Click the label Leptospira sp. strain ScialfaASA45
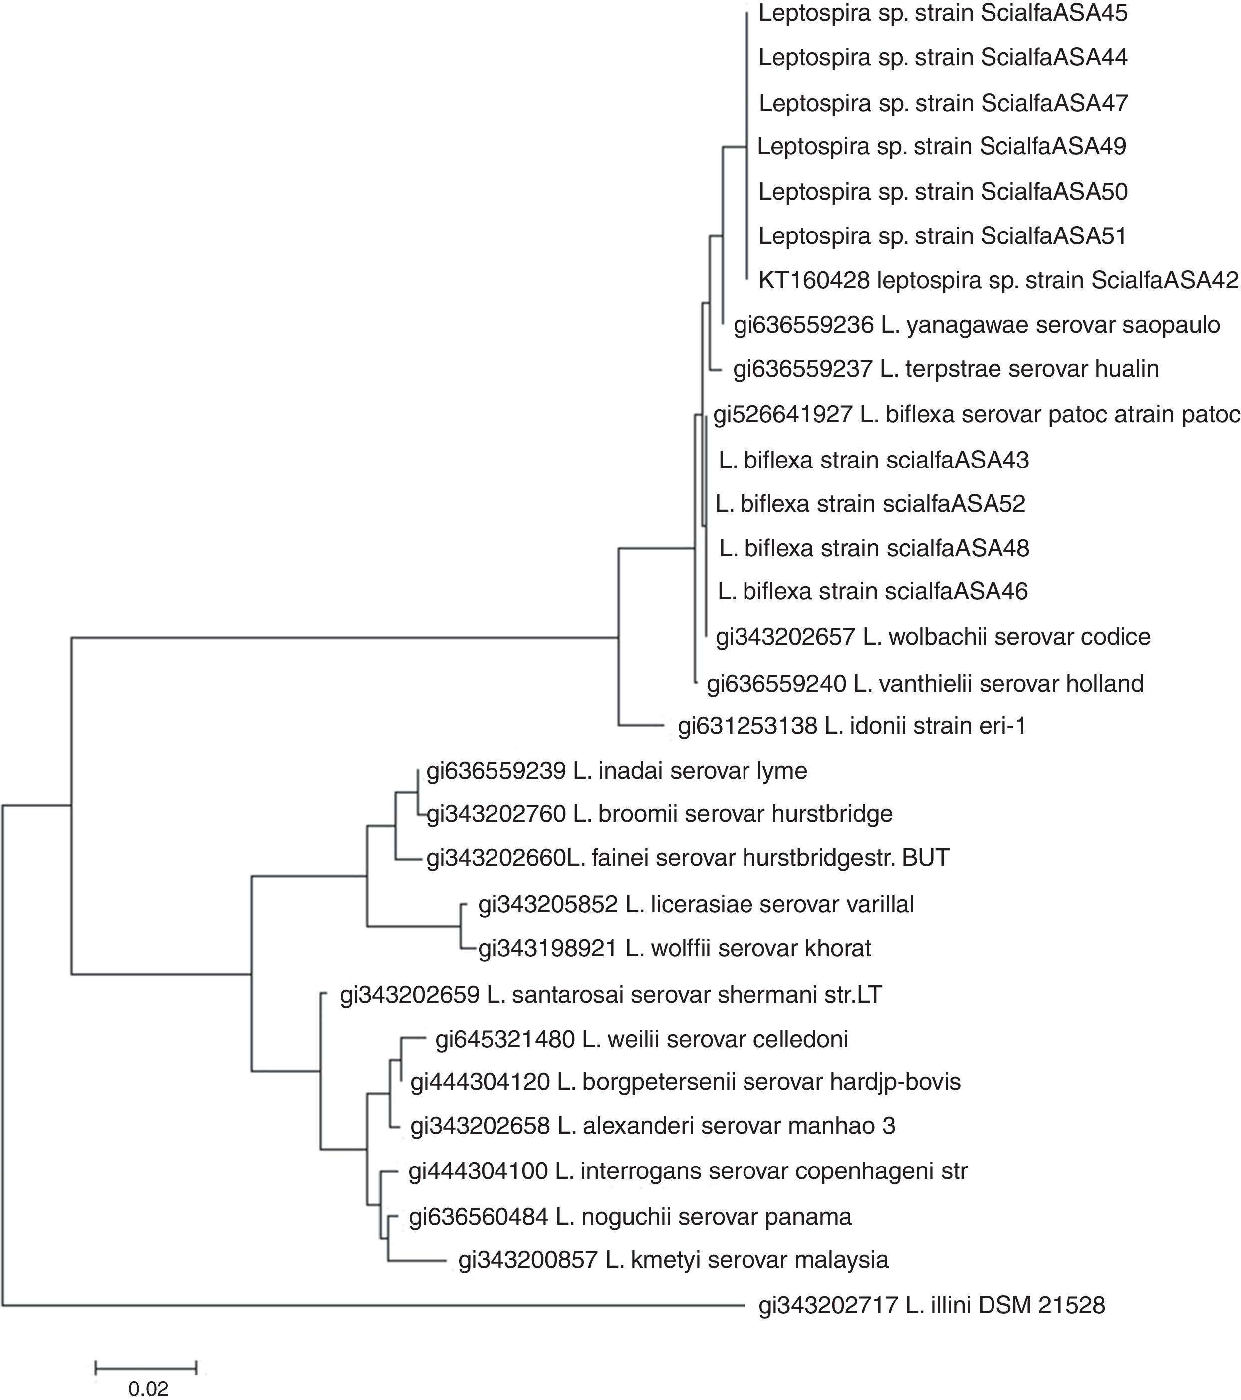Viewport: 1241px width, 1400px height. coord(943,13)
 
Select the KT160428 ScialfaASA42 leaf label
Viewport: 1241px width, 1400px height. coord(998,280)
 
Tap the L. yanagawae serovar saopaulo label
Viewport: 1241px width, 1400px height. coord(977,325)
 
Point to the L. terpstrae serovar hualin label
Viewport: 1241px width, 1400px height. coord(946,369)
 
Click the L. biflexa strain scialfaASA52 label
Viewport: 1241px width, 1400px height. coord(870,504)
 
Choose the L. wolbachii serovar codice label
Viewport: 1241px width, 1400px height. coord(933,637)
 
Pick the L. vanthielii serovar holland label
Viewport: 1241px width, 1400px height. coord(925,683)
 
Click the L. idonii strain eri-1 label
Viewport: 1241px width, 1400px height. coord(852,726)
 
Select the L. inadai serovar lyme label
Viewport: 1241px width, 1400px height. coord(616,771)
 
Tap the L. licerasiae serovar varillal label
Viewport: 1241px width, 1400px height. coord(696,904)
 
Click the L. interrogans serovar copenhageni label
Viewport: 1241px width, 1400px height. coord(688,1171)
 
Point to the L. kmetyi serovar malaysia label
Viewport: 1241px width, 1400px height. coord(673,1260)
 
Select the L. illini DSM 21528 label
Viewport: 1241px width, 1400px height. coord(932,1306)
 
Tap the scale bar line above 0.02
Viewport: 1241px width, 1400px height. coord(146,1368)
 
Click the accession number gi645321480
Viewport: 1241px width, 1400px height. coord(505,1039)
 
